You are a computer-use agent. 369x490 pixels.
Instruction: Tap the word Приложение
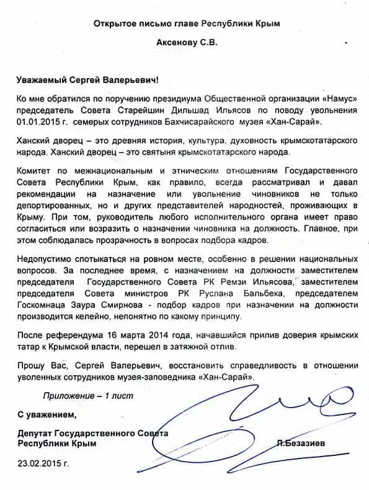point(68,395)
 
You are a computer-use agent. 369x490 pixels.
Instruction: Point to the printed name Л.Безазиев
point(301,443)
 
